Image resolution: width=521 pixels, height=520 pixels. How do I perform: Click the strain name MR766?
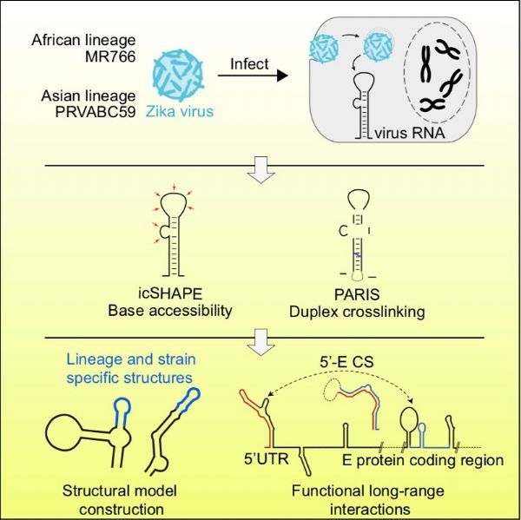pos(110,56)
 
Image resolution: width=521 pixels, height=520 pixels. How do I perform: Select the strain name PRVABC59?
pos(96,112)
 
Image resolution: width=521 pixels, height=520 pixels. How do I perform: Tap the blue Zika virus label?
pos(180,111)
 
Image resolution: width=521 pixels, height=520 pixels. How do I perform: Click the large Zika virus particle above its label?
pos(178,76)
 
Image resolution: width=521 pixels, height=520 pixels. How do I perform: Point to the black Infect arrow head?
pos(282,76)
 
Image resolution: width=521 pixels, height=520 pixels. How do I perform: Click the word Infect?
pos(249,63)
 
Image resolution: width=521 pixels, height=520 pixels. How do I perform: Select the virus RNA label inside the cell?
pos(410,133)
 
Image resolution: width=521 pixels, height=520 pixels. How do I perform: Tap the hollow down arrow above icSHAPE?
pos(261,170)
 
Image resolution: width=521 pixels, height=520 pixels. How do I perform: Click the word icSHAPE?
pos(170,293)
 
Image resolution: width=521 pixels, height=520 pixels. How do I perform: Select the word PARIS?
pos(357,294)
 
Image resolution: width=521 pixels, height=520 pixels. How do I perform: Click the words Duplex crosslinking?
pos(357,312)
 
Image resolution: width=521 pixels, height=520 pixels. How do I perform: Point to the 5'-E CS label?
pos(346,362)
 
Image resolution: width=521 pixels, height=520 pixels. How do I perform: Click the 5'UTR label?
pos(267,459)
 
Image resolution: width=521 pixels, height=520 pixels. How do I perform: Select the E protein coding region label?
pos(423,460)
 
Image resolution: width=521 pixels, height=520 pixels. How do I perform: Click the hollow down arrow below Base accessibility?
pos(261,343)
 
